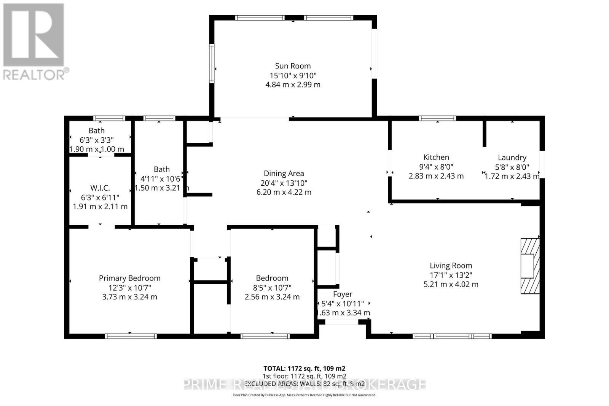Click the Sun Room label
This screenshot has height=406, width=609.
pyautogui.click(x=293, y=66)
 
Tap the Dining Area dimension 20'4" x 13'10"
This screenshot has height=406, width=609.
pyautogui.click(x=284, y=183)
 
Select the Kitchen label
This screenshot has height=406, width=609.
pyautogui.click(x=436, y=157)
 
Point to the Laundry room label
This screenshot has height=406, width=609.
pyautogui.click(x=512, y=158)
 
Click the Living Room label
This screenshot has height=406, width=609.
pyautogui.click(x=451, y=266)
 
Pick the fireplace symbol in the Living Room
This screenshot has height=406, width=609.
pyautogui.click(x=530, y=266)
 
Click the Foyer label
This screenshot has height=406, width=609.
pyautogui.click(x=343, y=294)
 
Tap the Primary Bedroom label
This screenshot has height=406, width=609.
pyautogui.click(x=129, y=278)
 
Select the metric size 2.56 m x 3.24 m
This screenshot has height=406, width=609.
pyautogui.click(x=272, y=297)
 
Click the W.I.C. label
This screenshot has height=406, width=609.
pyautogui.click(x=100, y=188)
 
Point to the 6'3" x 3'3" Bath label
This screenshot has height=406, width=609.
pyautogui.click(x=97, y=131)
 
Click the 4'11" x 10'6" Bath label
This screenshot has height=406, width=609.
pyautogui.click(x=162, y=169)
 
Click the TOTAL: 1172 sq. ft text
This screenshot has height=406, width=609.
pyautogui.click(x=304, y=368)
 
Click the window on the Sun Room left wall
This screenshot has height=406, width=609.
pyautogui.click(x=212, y=63)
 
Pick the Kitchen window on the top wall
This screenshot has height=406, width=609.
pyautogui.click(x=437, y=118)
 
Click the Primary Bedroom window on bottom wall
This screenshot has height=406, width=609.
pyautogui.click(x=131, y=336)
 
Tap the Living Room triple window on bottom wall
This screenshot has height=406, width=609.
pyautogui.click(x=452, y=336)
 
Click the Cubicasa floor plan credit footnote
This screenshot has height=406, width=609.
pyautogui.click(x=304, y=395)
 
